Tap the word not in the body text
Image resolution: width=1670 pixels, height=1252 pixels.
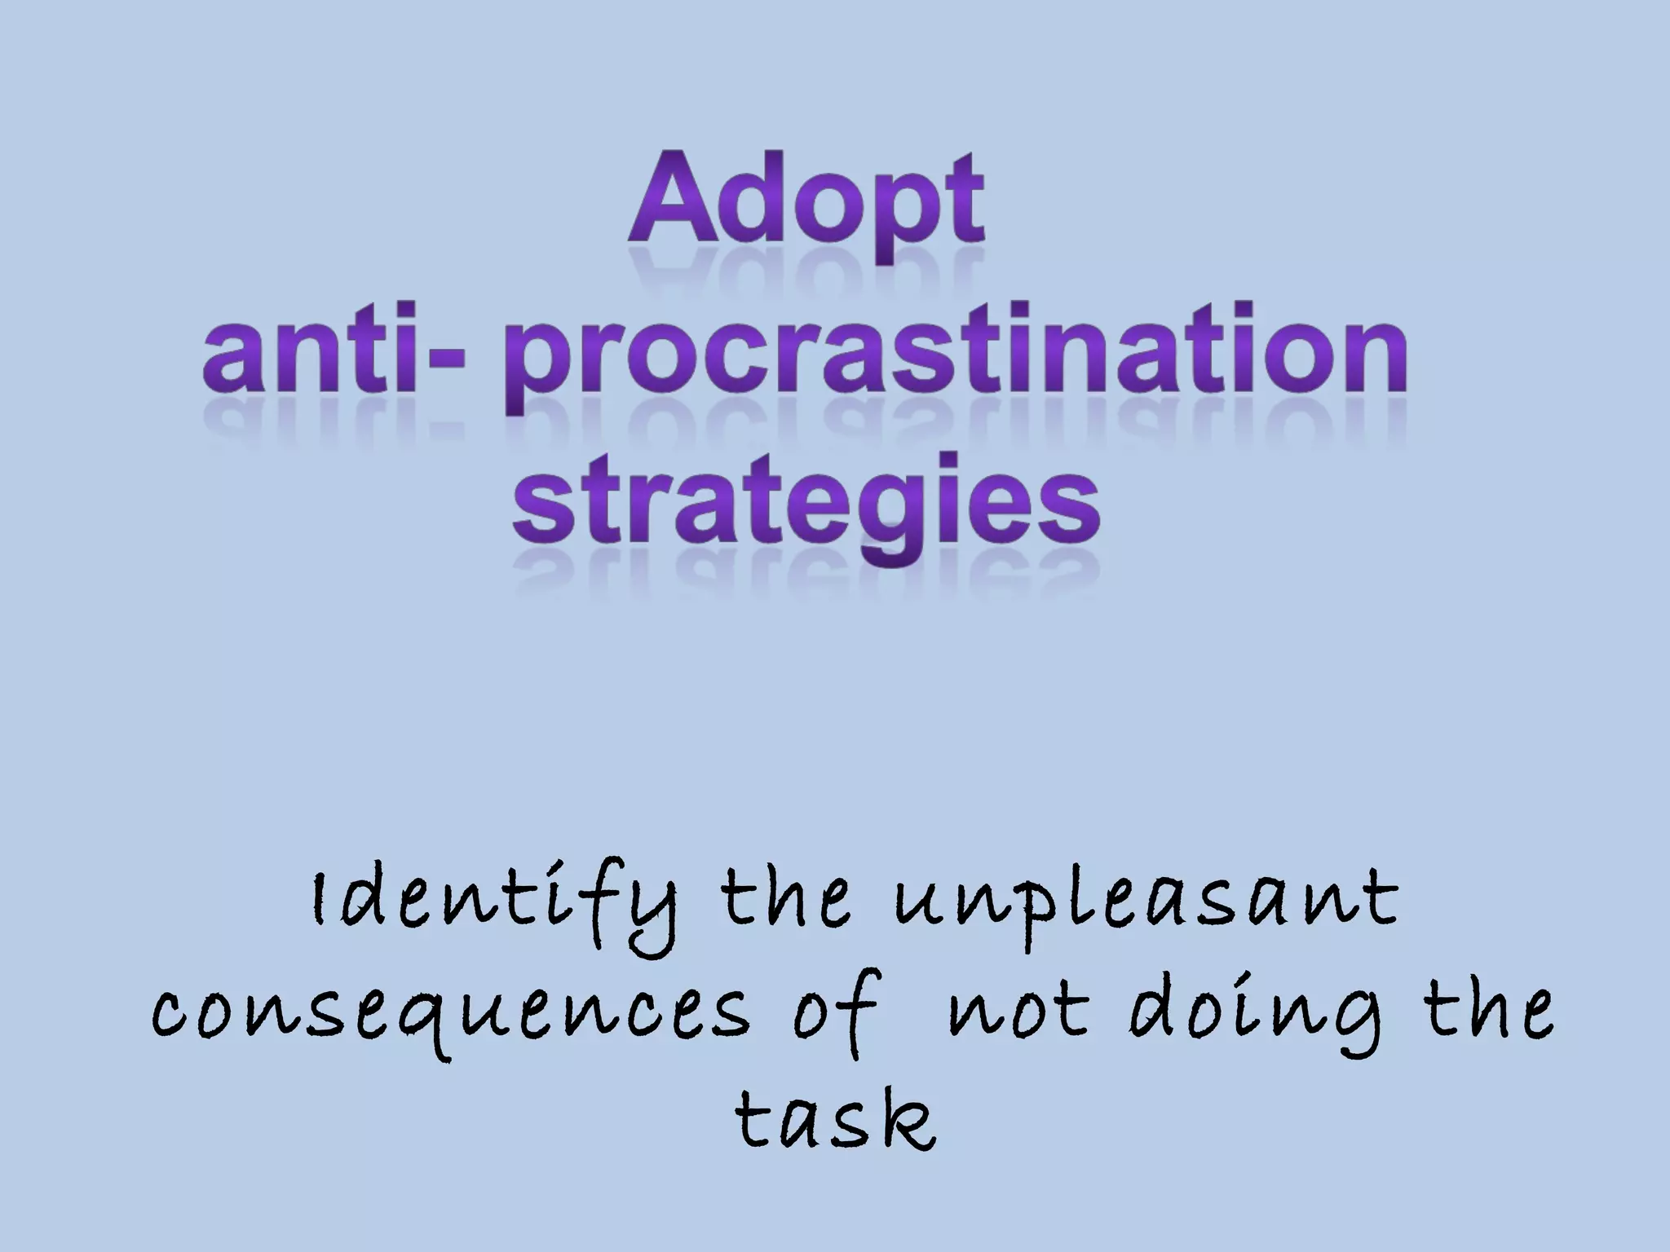coord(1019,1011)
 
